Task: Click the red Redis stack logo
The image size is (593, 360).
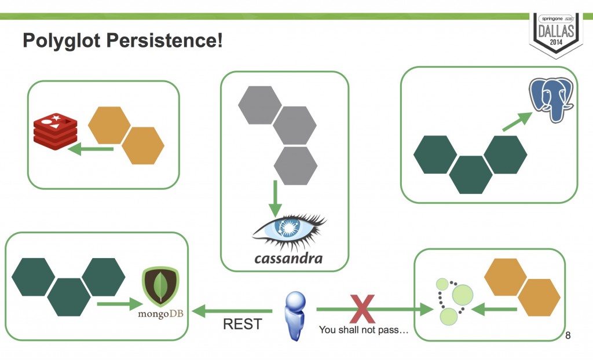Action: click(x=55, y=131)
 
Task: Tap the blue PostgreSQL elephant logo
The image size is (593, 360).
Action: click(x=551, y=100)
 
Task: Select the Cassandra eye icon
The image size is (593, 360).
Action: click(x=289, y=230)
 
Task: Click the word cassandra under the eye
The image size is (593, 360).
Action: click(x=288, y=259)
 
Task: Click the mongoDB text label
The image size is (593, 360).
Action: click(x=160, y=314)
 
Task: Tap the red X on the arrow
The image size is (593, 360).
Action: click(x=363, y=309)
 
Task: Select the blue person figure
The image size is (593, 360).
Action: click(x=295, y=316)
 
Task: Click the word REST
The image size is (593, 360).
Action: click(x=243, y=324)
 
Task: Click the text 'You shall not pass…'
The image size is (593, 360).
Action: click(x=364, y=330)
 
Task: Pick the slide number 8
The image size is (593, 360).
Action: click(x=568, y=335)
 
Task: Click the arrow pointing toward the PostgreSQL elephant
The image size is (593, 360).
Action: click(x=517, y=122)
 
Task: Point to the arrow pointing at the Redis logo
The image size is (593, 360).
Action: click(x=91, y=149)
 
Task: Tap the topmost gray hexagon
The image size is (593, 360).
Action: click(x=260, y=105)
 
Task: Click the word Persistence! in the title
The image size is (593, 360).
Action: click(x=164, y=40)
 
